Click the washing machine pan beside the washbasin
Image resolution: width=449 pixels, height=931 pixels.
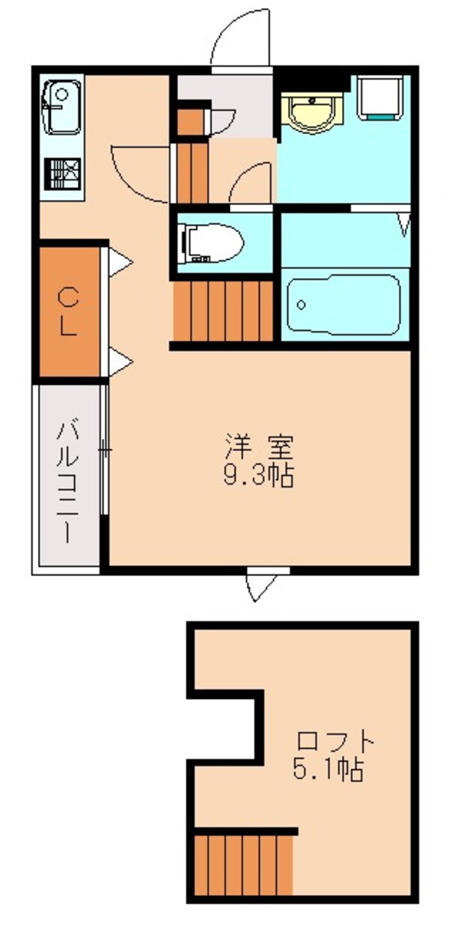click(383, 98)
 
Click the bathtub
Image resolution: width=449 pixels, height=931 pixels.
click(343, 304)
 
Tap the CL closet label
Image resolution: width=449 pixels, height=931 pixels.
click(69, 312)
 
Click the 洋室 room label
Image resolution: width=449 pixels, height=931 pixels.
click(259, 448)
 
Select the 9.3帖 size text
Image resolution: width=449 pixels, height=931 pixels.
click(259, 476)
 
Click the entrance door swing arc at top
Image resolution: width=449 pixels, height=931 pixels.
click(238, 39)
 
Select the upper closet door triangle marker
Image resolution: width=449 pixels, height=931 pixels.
click(120, 262)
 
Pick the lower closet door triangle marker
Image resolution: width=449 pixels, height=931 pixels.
click(120, 363)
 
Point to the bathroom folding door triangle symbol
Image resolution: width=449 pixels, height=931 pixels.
click(404, 224)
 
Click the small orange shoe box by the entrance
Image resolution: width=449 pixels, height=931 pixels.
click(190, 121)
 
